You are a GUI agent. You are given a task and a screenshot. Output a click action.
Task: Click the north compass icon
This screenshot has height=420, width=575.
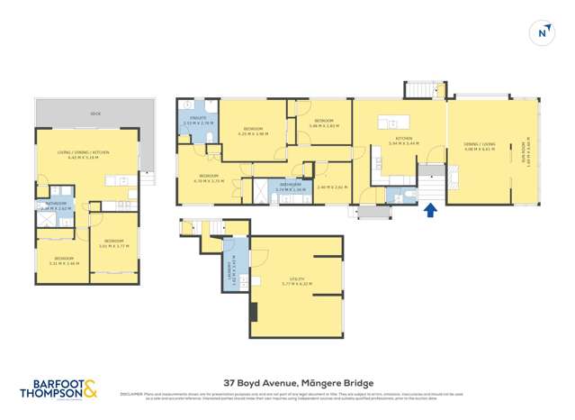click(543, 32)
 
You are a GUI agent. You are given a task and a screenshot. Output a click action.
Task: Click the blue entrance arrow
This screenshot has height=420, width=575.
click(430, 210)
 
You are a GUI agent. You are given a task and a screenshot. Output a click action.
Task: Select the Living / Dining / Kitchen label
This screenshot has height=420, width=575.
click(88, 152)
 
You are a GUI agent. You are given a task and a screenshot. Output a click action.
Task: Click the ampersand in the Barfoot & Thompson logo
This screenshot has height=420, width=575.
click(91, 389)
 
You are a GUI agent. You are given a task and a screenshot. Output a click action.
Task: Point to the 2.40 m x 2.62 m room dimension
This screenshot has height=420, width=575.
click(332, 187)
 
